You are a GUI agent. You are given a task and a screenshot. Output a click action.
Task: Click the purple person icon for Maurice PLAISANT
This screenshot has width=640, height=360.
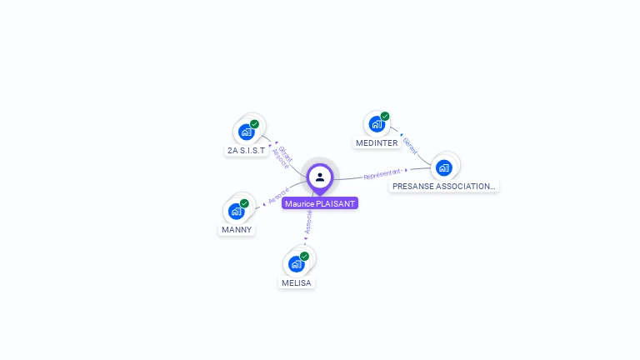[320, 177]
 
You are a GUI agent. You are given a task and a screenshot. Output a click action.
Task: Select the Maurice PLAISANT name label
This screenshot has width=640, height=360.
[320, 203]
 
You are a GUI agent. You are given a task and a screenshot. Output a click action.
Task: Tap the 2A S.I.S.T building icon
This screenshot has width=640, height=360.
[246, 132]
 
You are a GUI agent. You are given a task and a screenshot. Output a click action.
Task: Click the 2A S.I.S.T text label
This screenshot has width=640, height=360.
[246, 151]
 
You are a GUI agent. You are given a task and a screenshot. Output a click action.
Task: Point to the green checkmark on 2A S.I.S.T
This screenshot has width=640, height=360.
[254, 124]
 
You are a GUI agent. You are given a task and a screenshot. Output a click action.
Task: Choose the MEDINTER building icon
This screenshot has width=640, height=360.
[377, 124]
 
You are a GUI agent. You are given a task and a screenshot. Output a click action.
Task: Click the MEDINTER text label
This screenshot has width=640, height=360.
[377, 143]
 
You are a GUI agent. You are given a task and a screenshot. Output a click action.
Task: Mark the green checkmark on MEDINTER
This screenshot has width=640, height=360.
[385, 117]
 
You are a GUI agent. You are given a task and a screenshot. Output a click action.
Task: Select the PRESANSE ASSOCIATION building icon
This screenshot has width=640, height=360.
[443, 167]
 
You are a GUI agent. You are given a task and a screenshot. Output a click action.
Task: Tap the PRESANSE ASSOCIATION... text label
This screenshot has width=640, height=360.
[443, 187]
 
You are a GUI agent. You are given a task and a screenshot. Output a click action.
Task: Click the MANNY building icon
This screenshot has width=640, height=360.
[236, 211]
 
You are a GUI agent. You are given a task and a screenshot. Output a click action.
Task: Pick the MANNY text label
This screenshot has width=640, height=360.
[236, 230]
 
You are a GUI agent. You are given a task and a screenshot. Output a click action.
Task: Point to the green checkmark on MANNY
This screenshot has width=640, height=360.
[244, 203]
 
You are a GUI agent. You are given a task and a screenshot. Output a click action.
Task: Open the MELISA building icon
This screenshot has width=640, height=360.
[296, 264]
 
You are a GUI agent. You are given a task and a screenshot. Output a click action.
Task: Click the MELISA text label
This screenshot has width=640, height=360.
[296, 283]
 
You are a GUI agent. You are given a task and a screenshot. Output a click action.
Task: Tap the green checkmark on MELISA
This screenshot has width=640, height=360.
[304, 257]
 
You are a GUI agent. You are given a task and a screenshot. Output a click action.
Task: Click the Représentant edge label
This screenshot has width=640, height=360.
[382, 174]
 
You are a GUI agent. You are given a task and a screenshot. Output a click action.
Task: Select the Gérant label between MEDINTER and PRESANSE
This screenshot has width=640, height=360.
[410, 146]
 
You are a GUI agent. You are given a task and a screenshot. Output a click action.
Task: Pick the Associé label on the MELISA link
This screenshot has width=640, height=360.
[308, 221]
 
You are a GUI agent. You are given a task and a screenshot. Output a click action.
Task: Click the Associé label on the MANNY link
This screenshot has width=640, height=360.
[277, 195]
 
